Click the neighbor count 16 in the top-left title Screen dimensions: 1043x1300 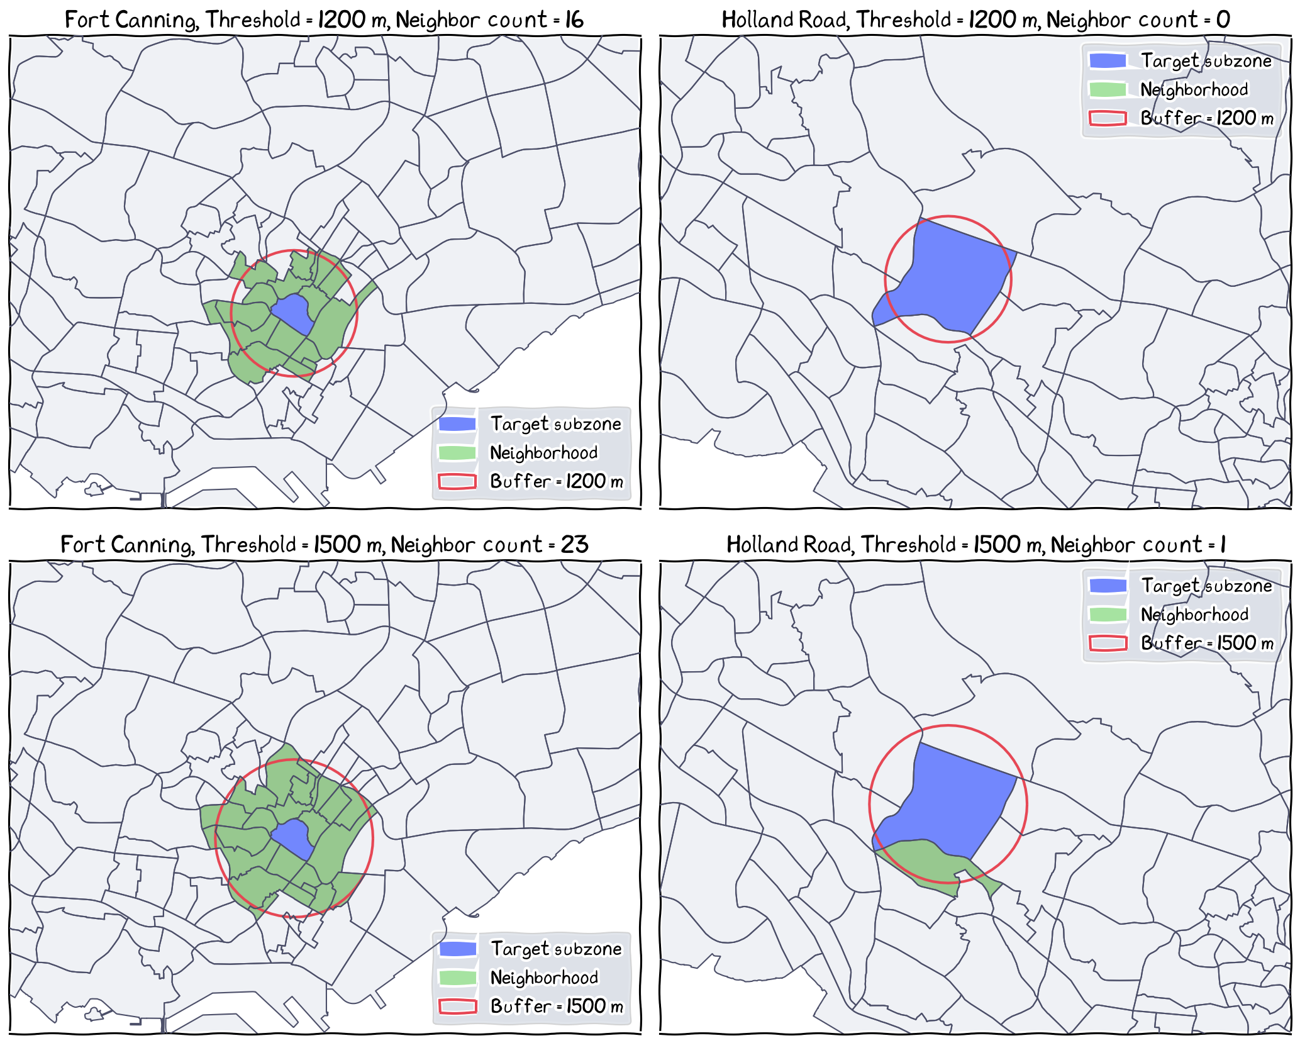click(574, 20)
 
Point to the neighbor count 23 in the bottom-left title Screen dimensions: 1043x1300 click(574, 544)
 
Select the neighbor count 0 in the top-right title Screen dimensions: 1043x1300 click(1223, 20)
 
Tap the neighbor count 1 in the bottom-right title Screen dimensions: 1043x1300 click(1223, 544)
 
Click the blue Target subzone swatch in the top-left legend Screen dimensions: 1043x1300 click(457, 424)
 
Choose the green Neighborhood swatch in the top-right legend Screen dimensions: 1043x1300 click(1108, 89)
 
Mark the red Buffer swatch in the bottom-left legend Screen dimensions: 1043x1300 click(457, 1006)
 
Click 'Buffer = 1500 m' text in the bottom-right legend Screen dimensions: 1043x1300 click(1207, 642)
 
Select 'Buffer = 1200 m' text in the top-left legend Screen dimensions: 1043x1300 click(557, 481)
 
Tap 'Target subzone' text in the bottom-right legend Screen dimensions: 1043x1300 click(1206, 586)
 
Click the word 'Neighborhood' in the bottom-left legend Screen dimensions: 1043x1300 click(544, 978)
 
